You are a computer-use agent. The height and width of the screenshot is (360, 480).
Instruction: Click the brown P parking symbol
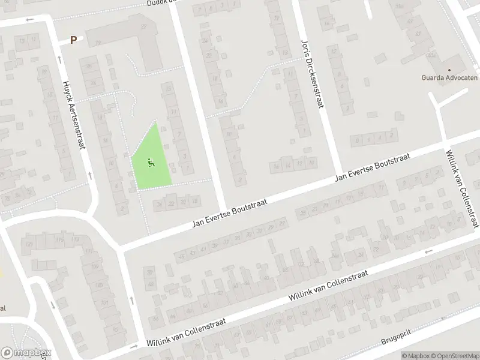click(x=74, y=40)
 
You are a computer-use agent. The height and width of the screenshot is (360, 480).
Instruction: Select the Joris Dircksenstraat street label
click(x=311, y=74)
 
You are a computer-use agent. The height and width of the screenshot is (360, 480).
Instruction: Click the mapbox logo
click(x=26, y=353)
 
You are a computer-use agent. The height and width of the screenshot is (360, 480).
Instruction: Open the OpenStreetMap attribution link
click(x=454, y=356)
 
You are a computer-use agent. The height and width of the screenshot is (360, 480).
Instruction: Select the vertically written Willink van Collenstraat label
click(x=462, y=189)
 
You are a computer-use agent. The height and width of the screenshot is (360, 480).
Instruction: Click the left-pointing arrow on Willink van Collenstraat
click(x=428, y=251)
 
